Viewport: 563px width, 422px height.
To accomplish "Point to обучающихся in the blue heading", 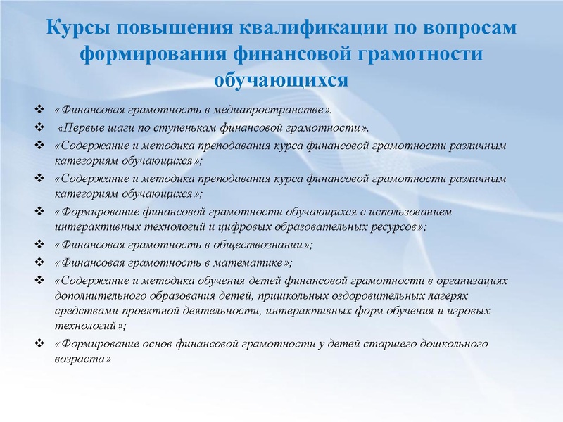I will coord(281,78).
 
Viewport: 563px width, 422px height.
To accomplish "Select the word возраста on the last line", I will coord(81,359).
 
